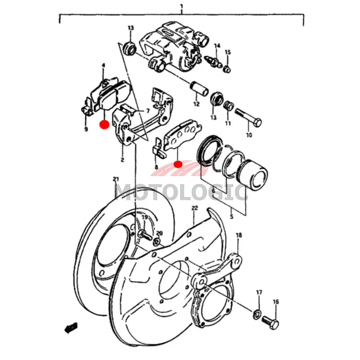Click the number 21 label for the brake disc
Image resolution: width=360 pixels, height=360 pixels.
point(116,179)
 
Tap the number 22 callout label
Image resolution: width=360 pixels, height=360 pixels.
point(195,208)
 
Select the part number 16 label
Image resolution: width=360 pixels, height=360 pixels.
point(276,301)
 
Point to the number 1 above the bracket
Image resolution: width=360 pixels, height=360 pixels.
point(182,6)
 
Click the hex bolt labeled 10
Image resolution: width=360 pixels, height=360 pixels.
point(248,117)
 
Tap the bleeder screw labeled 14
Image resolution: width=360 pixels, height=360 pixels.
point(213,61)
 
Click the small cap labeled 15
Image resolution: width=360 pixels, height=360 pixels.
point(227,69)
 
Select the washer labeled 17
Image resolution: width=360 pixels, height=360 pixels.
point(257,314)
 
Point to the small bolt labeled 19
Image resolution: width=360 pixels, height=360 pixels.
point(144,234)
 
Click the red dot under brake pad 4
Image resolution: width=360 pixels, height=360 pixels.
point(104,125)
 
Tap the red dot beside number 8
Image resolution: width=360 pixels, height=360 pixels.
point(178,164)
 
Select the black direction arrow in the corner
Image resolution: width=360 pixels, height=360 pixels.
point(71,328)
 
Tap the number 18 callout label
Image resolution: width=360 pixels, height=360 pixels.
point(239,235)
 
